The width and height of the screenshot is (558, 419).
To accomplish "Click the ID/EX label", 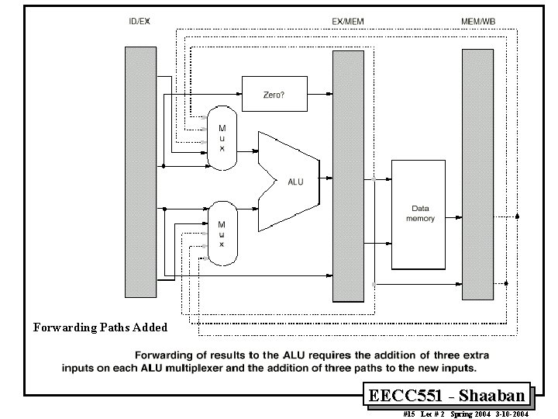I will tap(139, 22).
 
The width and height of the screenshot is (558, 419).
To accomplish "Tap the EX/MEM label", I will tap(347, 22).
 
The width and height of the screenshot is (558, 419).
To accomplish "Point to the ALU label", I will tap(296, 182).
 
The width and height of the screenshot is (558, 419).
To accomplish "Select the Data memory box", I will tap(419, 214).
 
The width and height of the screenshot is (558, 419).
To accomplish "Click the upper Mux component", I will tap(222, 137).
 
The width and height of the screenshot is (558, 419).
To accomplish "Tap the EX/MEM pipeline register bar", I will tap(347, 175).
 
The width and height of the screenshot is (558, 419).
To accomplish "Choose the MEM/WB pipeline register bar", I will tap(477, 174).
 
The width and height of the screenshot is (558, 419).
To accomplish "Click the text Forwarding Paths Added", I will tap(100, 327).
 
